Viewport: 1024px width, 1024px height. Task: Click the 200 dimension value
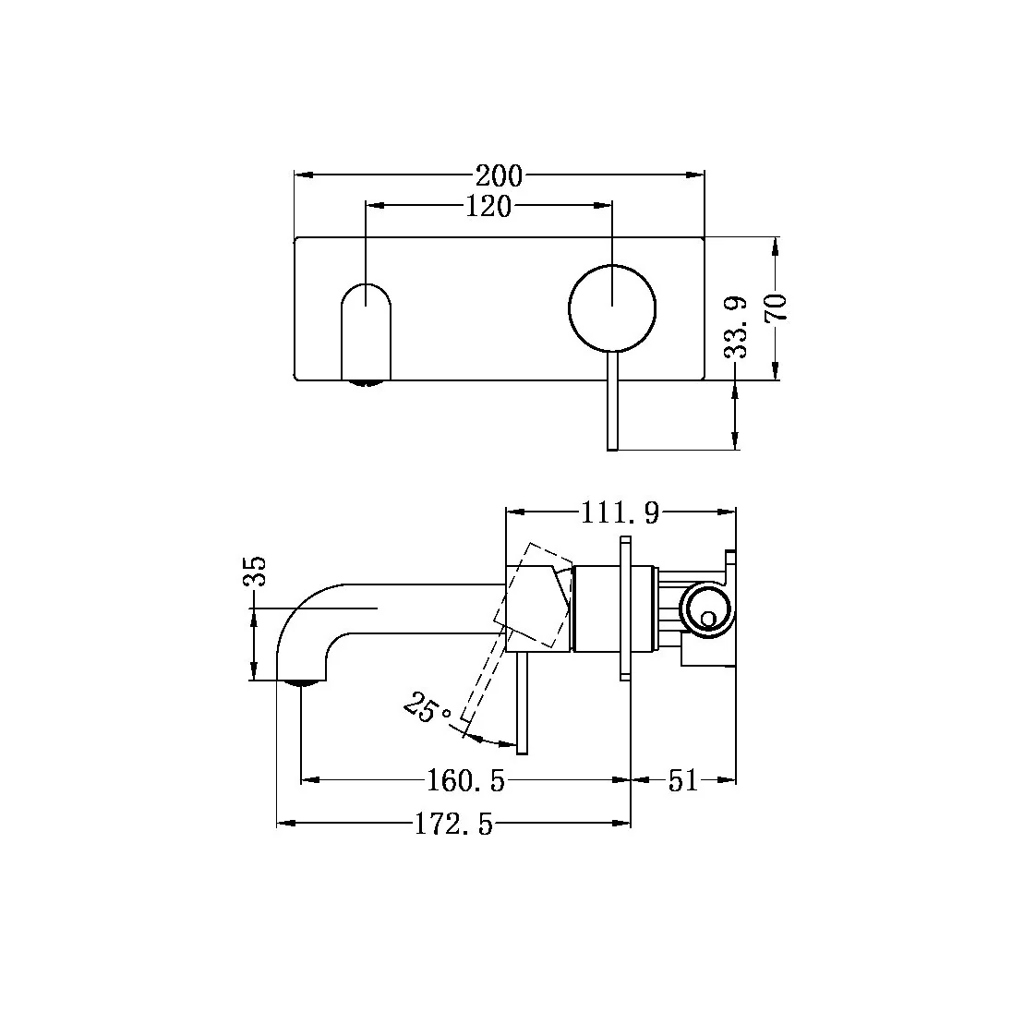pos(499,175)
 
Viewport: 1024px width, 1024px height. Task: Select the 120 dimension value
pos(488,207)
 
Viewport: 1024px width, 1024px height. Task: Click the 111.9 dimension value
pos(620,512)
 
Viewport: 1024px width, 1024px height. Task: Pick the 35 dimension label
pos(255,572)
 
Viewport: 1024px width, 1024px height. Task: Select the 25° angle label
pos(427,710)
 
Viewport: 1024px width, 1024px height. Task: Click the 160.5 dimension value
pos(466,781)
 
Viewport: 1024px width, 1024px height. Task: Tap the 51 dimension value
pos(682,781)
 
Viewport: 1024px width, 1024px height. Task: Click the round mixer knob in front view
pos(612,307)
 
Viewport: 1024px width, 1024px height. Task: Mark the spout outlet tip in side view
pos(301,682)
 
